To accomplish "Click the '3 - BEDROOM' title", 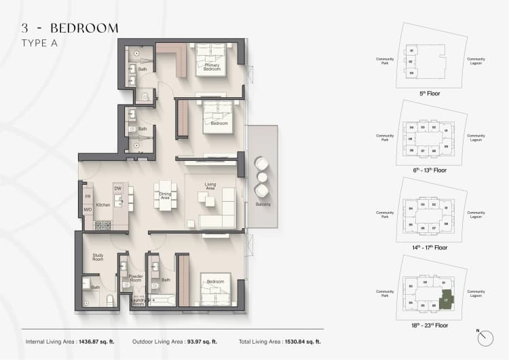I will coord(70,28).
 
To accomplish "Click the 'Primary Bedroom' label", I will coord(212,67).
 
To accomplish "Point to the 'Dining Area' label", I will coord(165,196).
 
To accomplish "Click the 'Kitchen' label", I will coord(102,204).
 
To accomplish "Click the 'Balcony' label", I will coord(263,204).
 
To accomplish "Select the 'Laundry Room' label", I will coord(138,302).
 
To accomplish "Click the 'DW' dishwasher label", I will coord(117,189).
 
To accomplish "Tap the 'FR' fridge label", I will coord(88,197).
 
